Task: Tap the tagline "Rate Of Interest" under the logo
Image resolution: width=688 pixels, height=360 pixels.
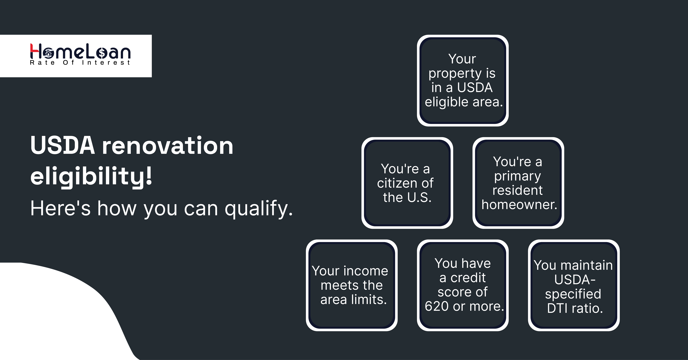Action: [80, 63]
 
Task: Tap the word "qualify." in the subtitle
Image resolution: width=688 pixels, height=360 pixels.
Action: [259, 209]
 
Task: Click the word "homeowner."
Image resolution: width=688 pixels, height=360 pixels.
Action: [519, 205]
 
